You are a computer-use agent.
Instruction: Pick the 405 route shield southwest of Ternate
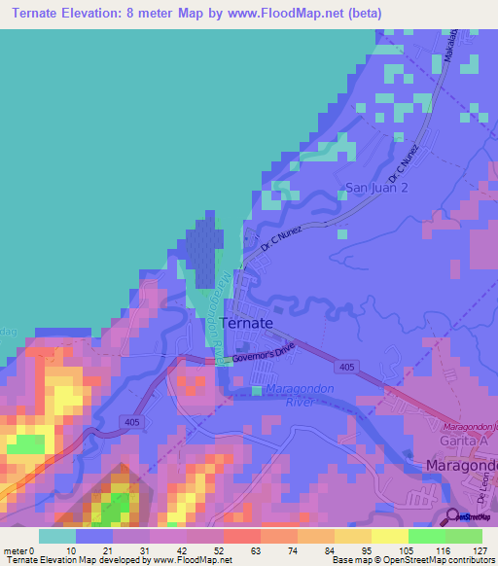pos(133,421)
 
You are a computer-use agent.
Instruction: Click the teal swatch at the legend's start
pos(56,536)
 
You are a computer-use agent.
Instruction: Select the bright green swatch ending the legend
pos(463,536)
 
